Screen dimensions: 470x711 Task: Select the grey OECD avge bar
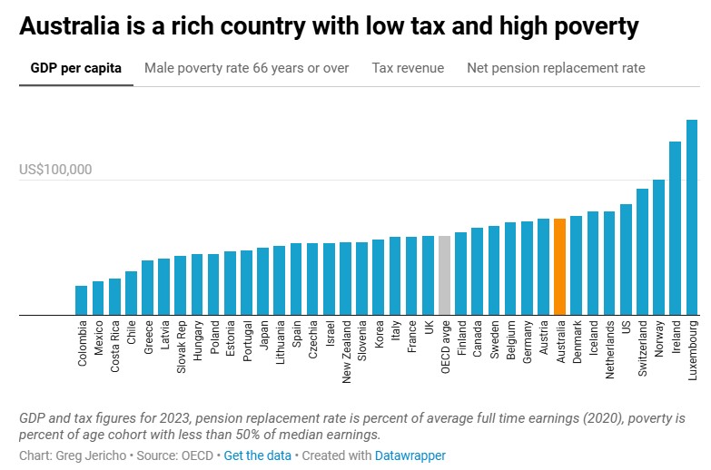click(444, 275)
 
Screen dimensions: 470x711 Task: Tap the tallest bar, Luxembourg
click(692, 218)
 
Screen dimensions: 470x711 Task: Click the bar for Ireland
click(676, 229)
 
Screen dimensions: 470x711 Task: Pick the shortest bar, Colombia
click(82, 300)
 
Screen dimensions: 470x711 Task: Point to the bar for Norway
click(659, 248)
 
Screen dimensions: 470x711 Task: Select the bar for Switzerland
click(642, 252)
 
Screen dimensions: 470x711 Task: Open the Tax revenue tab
click(408, 68)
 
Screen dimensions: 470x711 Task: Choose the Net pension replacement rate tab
click(556, 68)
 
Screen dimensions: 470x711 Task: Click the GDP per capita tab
click(75, 68)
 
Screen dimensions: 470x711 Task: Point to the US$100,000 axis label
click(55, 170)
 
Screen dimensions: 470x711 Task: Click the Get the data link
click(259, 455)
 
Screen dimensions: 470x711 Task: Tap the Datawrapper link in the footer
click(410, 455)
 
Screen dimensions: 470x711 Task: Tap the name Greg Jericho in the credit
click(88, 455)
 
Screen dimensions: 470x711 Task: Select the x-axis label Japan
click(263, 342)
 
